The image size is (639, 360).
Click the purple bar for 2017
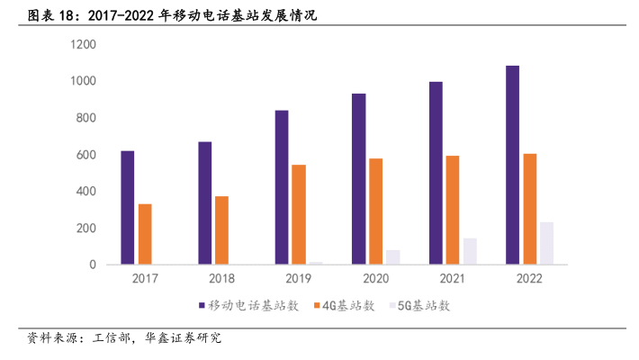pyautogui.click(x=127, y=208)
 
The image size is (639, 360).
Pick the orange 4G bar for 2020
pyautogui.click(x=375, y=211)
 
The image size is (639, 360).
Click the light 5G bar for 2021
pyautogui.click(x=470, y=251)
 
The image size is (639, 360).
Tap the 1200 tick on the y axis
pyautogui.click(x=84, y=45)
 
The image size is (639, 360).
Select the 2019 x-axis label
pyautogui.click(x=299, y=279)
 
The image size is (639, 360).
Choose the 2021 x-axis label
pyautogui.click(x=453, y=279)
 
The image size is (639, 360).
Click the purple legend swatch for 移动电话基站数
pyautogui.click(x=202, y=306)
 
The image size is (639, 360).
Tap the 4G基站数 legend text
pyautogui.click(x=346, y=306)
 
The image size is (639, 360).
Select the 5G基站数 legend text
pyautogui.click(x=425, y=306)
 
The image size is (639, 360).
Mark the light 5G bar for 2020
pyautogui.click(x=393, y=257)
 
